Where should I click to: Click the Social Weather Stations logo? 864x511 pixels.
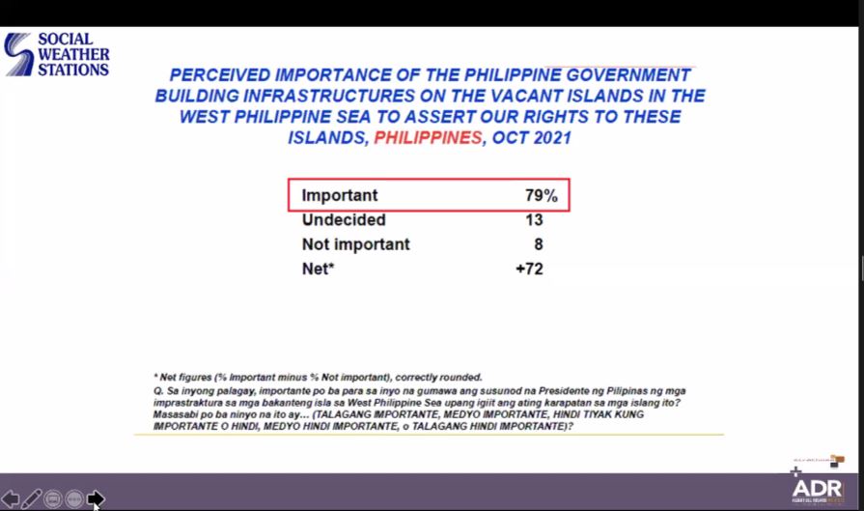coord(56,54)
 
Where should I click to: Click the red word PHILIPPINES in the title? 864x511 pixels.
coord(427,137)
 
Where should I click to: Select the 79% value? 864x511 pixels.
coord(541,195)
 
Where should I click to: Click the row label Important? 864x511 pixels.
coord(340,195)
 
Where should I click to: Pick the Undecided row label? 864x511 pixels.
coord(344,220)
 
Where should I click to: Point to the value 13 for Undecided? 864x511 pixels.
coord(534,220)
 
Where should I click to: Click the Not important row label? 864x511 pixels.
coord(355,244)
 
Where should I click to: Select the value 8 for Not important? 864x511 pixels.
coord(538,244)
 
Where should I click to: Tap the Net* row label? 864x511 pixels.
coord(318,269)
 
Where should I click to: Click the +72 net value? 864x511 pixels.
coord(529,269)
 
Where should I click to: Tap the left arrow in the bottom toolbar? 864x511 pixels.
coord(11,498)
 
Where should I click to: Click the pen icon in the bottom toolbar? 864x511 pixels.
coord(31,498)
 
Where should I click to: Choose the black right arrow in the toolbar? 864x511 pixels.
coord(96,498)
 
